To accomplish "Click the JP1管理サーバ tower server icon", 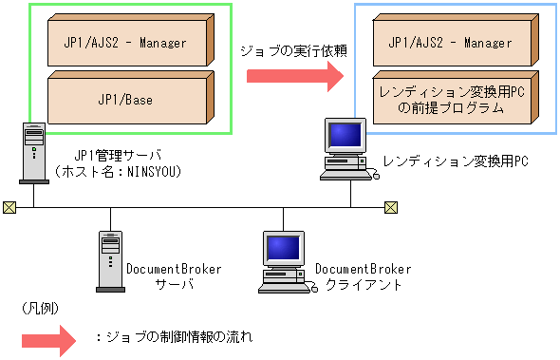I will point(32,151).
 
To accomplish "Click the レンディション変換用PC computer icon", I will point(345,149).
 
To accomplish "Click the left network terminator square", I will point(9,207).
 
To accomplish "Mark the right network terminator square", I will point(390,207).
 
